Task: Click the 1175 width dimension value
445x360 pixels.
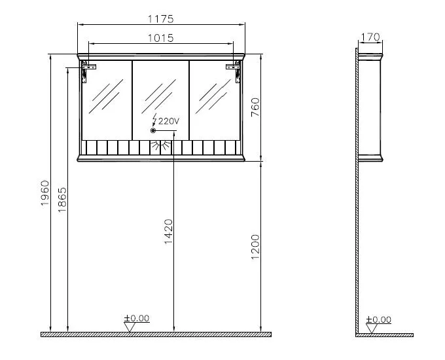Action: coord(162,19)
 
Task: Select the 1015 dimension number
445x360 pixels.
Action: coord(162,38)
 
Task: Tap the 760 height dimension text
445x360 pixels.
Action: coord(256,107)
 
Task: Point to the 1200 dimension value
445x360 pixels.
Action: coord(256,245)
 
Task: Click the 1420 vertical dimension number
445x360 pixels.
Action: coord(168,231)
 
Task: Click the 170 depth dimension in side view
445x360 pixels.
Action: coord(370,37)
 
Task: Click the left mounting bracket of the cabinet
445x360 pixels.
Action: coord(87,67)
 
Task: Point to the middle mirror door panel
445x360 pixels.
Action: coord(161,98)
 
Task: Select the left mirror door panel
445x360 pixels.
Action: coord(107,98)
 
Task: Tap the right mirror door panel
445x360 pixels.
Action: coord(215,98)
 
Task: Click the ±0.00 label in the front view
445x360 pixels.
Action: coord(137,318)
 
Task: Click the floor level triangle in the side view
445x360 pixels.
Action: coord(371,328)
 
